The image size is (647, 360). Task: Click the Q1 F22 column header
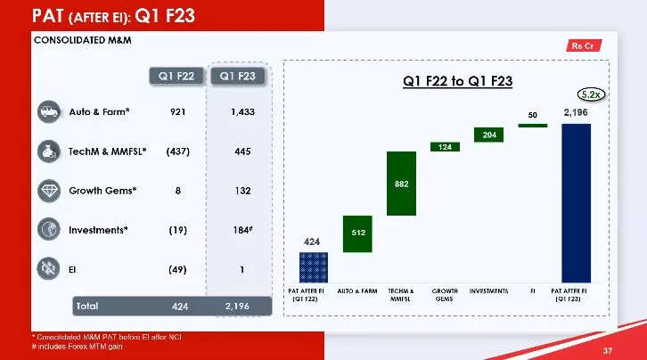(176, 76)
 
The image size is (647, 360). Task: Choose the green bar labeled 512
(357, 233)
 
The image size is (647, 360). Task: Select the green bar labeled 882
(401, 183)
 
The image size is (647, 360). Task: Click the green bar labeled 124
(445, 146)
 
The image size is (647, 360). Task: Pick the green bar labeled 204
(488, 135)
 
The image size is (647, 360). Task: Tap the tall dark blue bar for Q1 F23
(576, 201)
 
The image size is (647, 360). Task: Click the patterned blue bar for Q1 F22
(313, 266)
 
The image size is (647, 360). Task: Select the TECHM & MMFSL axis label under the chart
(401, 295)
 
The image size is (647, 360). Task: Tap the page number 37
(608, 349)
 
